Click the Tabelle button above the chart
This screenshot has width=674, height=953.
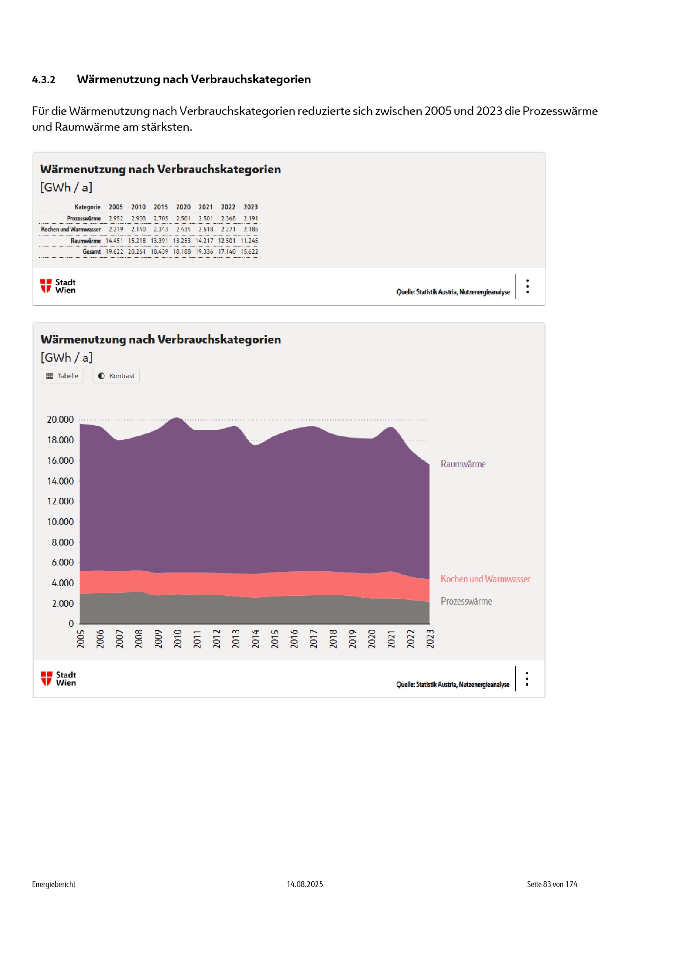62,376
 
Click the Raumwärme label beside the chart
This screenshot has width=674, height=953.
463,464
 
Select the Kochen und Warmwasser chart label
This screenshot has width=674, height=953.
485,579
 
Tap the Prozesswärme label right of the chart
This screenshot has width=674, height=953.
466,601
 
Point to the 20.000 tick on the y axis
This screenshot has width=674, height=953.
60,420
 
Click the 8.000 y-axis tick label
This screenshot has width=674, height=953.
62,542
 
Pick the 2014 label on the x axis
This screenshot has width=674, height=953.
255,638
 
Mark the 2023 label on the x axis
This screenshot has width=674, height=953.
430,638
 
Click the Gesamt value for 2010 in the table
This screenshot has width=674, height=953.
137,252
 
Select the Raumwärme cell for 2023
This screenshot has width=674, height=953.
249,241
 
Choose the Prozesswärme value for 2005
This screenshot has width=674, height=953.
116,218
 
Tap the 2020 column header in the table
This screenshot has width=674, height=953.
183,207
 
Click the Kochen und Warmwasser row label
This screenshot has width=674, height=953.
71,229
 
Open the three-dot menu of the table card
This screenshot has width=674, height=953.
527,286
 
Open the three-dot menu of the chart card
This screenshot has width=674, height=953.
526,679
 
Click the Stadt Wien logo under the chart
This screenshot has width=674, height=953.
59,679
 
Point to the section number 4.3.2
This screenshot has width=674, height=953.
44,80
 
